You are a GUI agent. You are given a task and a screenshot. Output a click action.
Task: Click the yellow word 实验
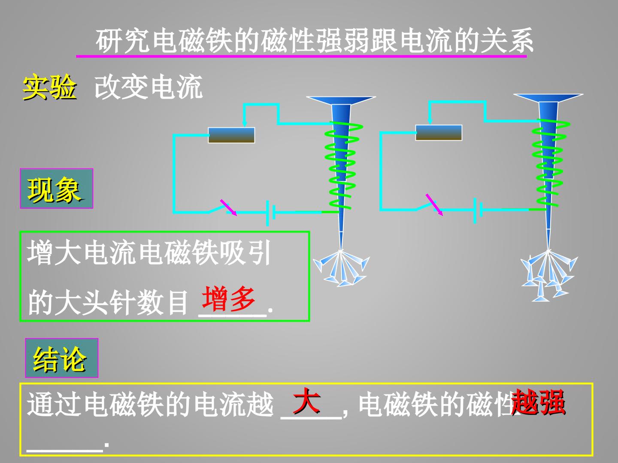tap(49, 87)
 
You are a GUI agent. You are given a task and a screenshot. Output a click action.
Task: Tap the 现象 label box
tap(57, 188)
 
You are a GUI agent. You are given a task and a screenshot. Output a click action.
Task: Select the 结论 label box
tap(62, 358)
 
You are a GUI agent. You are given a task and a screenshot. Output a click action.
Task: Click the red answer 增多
tap(228, 298)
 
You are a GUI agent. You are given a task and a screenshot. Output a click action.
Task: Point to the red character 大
tap(306, 400)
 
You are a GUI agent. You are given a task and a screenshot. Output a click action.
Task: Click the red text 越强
tap(538, 402)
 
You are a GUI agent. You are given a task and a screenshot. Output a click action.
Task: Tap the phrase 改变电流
tap(148, 87)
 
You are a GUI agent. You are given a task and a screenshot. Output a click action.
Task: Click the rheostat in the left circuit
tap(231, 135)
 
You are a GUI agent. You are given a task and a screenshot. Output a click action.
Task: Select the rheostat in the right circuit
tap(439, 133)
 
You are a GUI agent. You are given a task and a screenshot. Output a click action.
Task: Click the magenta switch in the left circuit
tap(228, 207)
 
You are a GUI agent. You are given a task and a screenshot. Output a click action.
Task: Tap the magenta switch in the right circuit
tap(434, 204)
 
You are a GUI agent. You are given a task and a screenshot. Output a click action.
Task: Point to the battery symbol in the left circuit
tap(270, 213)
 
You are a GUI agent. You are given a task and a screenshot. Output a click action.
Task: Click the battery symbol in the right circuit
tap(478, 210)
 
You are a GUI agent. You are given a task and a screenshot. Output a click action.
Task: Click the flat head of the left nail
tap(341, 100)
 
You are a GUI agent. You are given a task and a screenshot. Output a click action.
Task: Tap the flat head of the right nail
tap(548, 98)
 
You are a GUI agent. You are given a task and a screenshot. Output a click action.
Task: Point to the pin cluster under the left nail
tap(341, 268)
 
